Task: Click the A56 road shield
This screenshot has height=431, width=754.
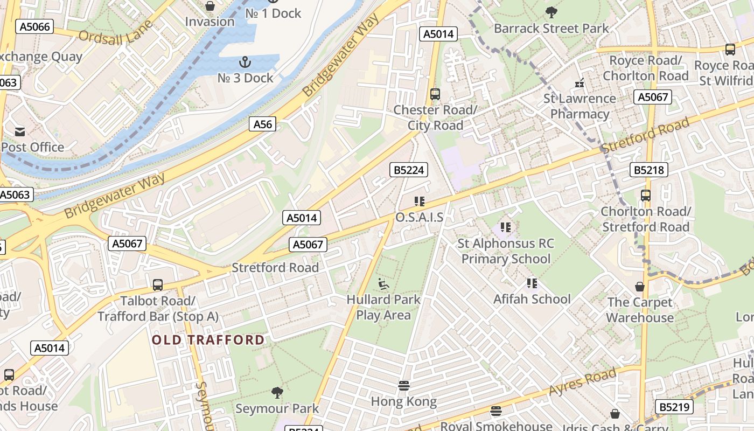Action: pyautogui.click(x=263, y=124)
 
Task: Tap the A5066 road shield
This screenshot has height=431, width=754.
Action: pyautogui.click(x=34, y=26)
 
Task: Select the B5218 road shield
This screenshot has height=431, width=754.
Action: pyautogui.click(x=648, y=170)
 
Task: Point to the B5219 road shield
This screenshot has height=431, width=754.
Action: pyautogui.click(x=674, y=407)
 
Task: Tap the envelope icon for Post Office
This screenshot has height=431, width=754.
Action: pyautogui.click(x=20, y=131)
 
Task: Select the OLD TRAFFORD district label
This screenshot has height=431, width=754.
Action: pyautogui.click(x=208, y=340)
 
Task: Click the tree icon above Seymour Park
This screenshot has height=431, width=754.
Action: pyautogui.click(x=277, y=392)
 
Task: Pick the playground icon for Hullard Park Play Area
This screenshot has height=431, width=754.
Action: pyautogui.click(x=383, y=283)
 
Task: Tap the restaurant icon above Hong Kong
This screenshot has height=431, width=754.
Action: pyautogui.click(x=404, y=385)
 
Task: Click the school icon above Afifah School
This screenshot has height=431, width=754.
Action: pyautogui.click(x=532, y=283)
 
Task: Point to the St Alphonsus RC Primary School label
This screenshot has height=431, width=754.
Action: pyautogui.click(x=506, y=251)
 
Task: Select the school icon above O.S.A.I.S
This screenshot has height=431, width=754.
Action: pyautogui.click(x=420, y=201)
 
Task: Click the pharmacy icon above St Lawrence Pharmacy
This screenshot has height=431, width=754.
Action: pyautogui.click(x=580, y=82)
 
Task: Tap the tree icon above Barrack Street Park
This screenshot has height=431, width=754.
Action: pyautogui.click(x=551, y=12)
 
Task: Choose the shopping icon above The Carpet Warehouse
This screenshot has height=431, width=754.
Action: pyautogui.click(x=640, y=286)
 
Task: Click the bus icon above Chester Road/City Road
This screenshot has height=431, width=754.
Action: pyautogui.click(x=435, y=94)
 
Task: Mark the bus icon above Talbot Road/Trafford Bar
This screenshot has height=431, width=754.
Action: pyautogui.click(x=158, y=284)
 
